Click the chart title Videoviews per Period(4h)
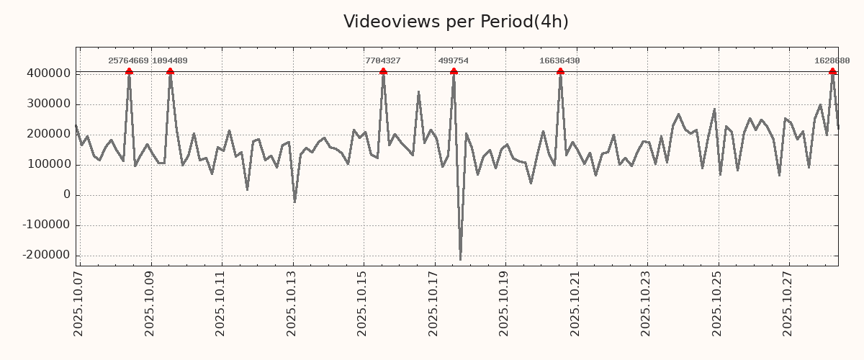456,22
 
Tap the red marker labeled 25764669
129,71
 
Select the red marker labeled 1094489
170,71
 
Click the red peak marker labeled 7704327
383,71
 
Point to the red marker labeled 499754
454,71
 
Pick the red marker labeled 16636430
560,71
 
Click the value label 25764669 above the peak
128,61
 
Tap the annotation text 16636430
559,61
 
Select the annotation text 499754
453,61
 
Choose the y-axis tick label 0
67,194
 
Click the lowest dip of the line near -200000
460,259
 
